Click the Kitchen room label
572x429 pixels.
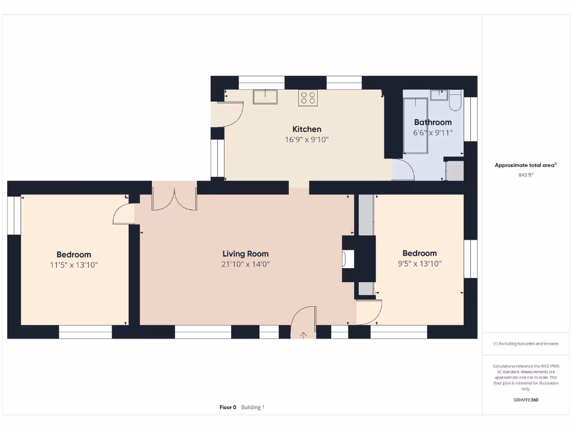pos(307,129)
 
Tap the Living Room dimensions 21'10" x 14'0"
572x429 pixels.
pos(245,264)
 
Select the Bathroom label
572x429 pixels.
pos(432,122)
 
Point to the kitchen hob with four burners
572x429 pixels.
pos(308,98)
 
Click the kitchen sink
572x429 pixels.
pos(266,97)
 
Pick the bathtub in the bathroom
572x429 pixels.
pos(416,126)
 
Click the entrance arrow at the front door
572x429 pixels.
pos(303,335)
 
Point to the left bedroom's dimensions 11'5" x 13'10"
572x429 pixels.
pos(74,265)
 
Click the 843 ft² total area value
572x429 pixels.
pos(526,175)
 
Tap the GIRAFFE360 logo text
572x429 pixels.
pos(526,400)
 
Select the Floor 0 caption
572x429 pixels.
pos(228,407)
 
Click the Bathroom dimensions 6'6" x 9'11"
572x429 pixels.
pos(432,133)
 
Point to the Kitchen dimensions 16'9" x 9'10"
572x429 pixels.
pos(307,140)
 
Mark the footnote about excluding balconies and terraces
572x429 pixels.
pos(526,344)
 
